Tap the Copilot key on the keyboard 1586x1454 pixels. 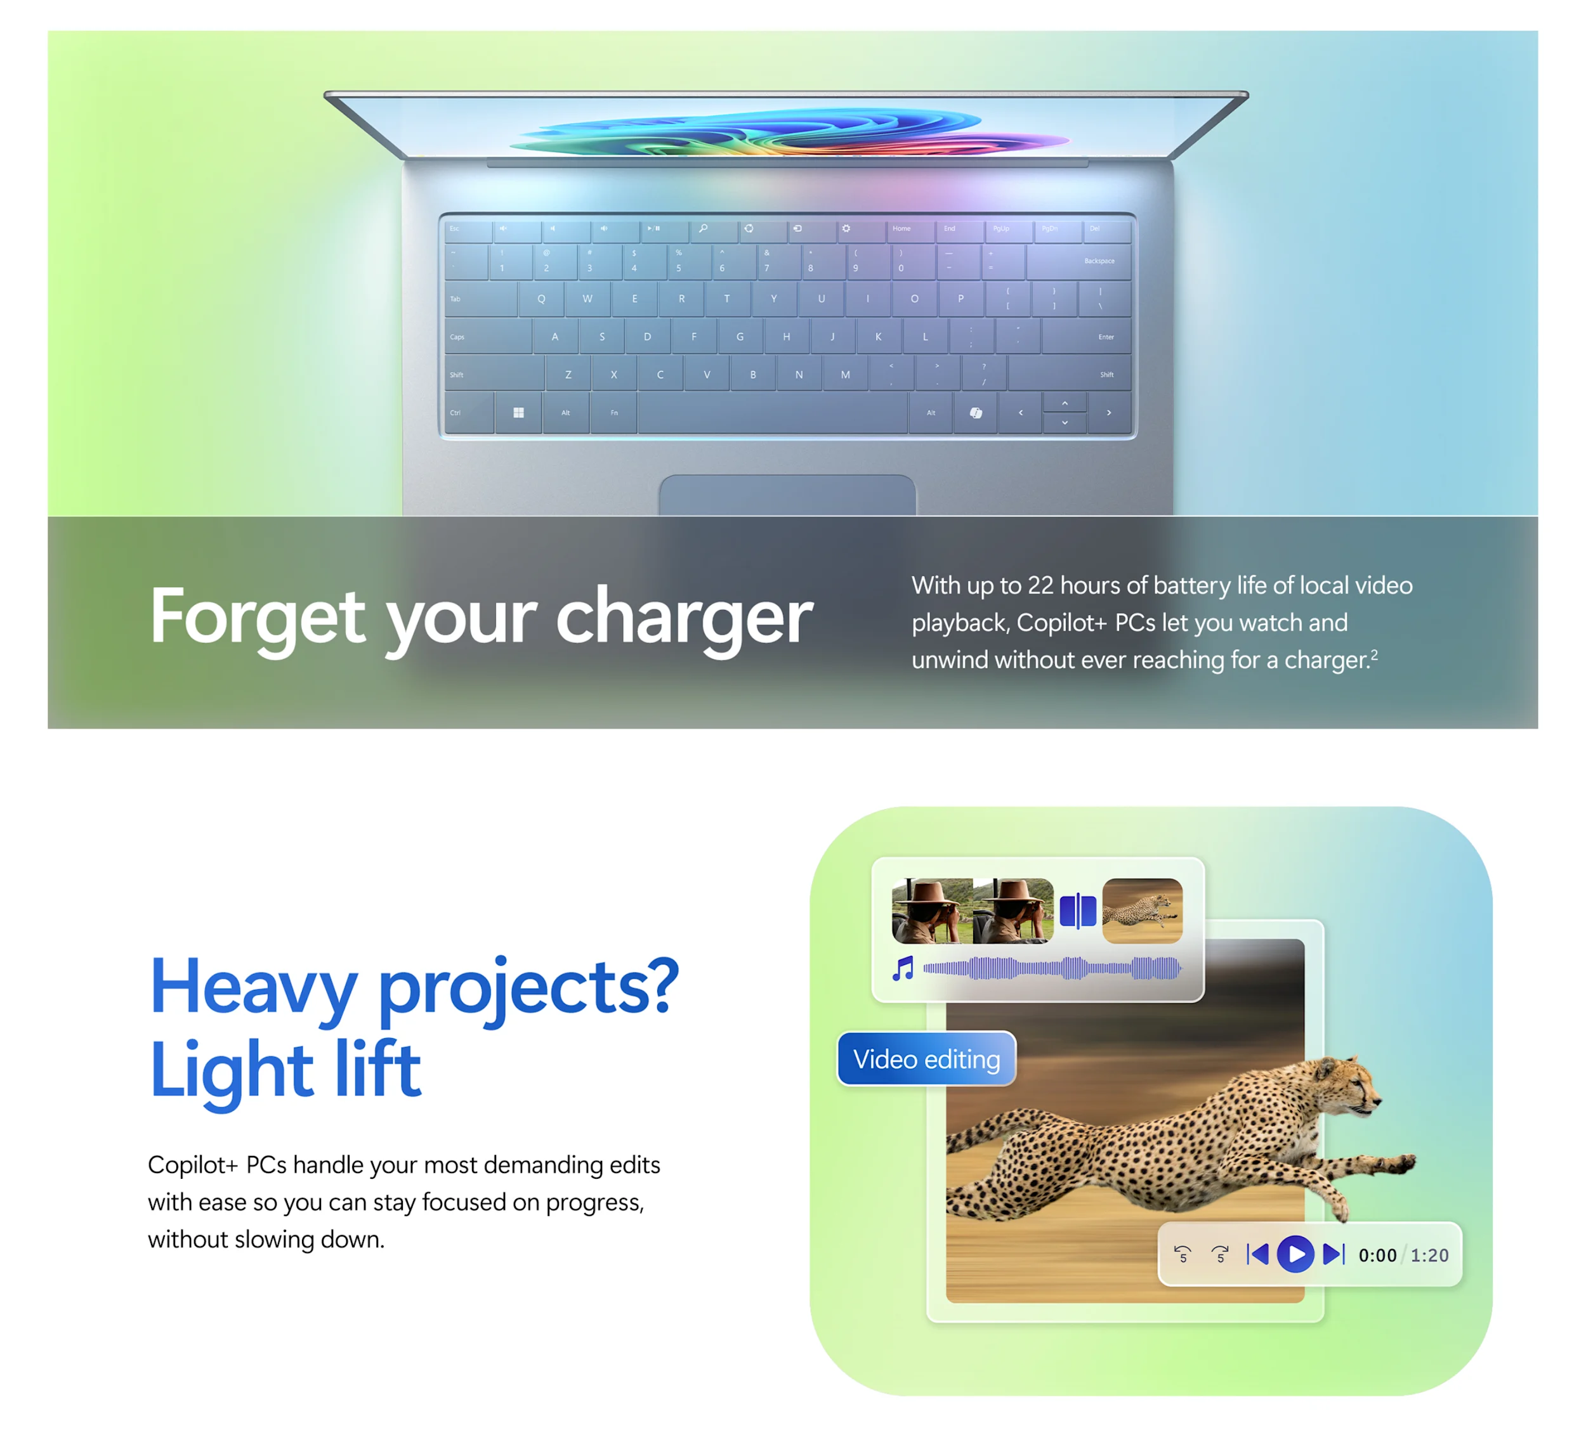point(976,413)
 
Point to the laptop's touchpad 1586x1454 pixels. point(787,496)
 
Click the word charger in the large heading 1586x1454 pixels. point(684,618)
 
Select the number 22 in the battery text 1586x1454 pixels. point(1040,585)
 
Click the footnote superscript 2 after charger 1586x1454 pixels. point(1374,654)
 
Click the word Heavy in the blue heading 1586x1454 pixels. point(254,987)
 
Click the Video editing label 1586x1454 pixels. point(926,1059)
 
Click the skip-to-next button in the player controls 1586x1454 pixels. point(1334,1254)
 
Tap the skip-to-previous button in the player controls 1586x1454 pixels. point(1258,1254)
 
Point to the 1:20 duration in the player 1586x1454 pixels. point(1429,1255)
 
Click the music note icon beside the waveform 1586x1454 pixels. point(903,968)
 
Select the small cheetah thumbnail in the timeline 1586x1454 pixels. point(1142,911)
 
